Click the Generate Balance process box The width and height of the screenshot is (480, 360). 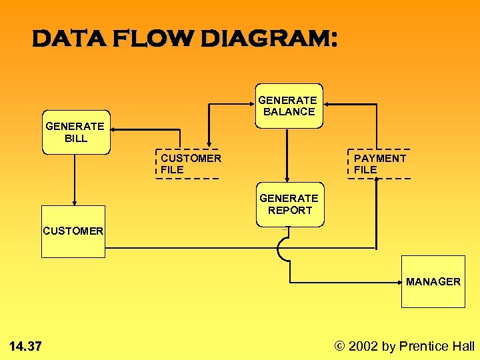[x=289, y=105]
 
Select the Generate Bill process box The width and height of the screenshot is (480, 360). [x=76, y=132]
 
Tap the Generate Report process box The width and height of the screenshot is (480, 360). [x=289, y=205]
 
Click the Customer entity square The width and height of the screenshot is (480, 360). [x=73, y=231]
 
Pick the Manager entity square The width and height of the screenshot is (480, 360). [x=433, y=281]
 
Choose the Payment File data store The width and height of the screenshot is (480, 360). [x=379, y=164]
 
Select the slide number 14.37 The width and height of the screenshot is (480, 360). [x=25, y=346]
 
